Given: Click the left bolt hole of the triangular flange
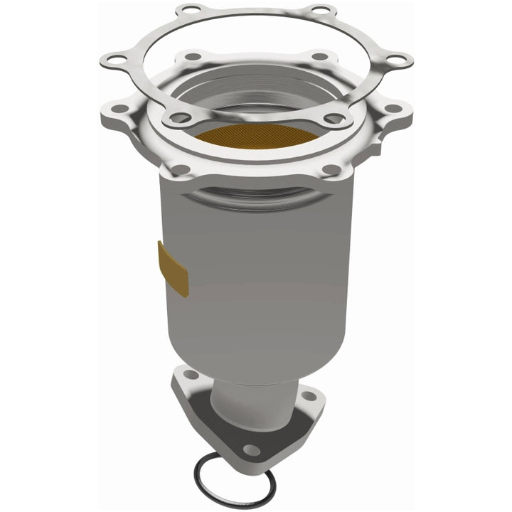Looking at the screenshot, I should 190,375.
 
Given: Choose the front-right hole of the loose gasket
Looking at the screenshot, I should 332,117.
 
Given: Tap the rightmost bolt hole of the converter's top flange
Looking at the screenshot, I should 390,108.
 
